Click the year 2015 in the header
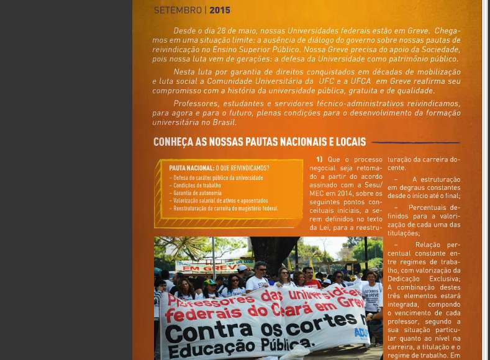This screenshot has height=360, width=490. [220, 10]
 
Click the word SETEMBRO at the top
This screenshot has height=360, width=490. [178, 10]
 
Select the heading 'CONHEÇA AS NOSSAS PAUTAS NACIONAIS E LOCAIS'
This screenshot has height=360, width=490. [260, 142]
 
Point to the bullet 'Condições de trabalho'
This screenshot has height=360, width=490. [198, 185]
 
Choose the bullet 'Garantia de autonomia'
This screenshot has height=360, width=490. [198, 193]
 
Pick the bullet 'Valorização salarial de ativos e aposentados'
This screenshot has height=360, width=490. [220, 200]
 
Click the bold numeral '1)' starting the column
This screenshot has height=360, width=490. [319, 160]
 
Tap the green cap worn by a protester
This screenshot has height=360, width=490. [211, 282]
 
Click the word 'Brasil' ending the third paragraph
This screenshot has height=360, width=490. [224, 122]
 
